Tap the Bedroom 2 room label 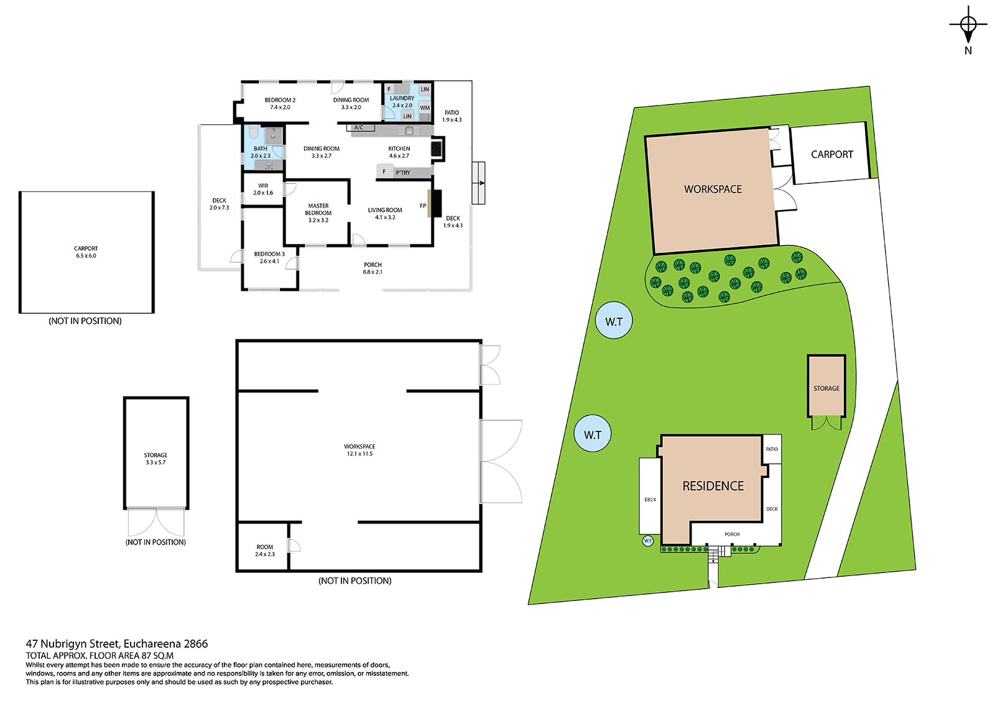pos(280,103)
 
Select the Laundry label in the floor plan pos(402,102)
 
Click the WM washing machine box pos(425,108)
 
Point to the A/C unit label pos(358,127)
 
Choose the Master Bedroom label pos(318,213)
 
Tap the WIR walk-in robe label pos(263,189)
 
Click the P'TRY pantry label pos(403,173)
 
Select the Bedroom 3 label pos(269,257)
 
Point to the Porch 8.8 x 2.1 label pos(373,269)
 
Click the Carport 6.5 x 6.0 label pos(86,252)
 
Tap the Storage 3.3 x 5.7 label pos(155,459)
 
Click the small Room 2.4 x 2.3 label pos(265,551)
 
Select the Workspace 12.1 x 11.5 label pos(359,450)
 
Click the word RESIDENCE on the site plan pos(713,486)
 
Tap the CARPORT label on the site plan pos(832,154)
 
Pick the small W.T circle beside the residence pos(647,541)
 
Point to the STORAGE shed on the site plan pos(826,385)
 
